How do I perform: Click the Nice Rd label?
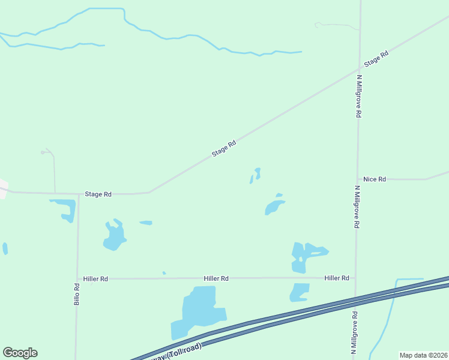click(375, 179)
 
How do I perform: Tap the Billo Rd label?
click(77, 294)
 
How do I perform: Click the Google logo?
click(20, 353)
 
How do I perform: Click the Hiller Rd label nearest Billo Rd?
click(95, 278)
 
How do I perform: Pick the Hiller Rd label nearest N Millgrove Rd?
click(337, 278)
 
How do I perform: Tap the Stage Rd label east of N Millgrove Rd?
click(376, 59)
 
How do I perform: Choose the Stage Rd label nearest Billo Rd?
click(98, 194)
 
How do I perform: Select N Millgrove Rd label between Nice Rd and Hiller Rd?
click(357, 206)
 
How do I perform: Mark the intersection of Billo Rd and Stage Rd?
click(79, 194)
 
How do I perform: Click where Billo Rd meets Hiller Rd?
click(77, 278)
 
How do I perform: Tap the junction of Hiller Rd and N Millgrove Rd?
click(356, 278)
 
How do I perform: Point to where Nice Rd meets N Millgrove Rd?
click(358, 179)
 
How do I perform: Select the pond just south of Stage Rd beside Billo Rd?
click(64, 208)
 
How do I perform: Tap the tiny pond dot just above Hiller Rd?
click(164, 273)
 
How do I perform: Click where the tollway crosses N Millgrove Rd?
click(355, 298)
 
